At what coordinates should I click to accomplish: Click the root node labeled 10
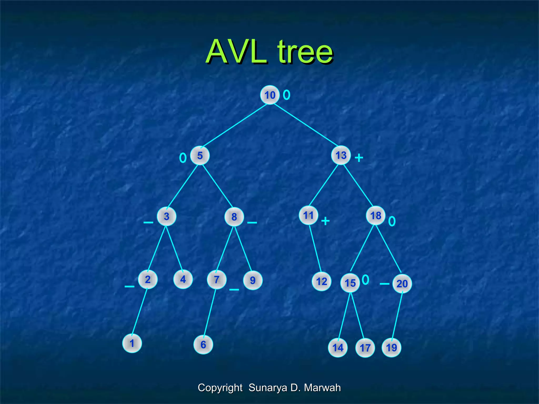[x=270, y=95]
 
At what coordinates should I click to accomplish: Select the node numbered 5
[x=200, y=155]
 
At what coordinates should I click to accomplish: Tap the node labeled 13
[x=341, y=155]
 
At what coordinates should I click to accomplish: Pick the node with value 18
[x=376, y=215]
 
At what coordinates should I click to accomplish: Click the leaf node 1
[x=132, y=343]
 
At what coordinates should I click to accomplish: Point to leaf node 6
[x=203, y=344]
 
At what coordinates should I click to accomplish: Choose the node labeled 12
[x=321, y=281]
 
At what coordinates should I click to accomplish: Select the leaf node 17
[x=365, y=348]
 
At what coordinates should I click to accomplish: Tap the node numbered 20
[x=402, y=284]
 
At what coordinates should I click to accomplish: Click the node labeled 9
[x=253, y=280]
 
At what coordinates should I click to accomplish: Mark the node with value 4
[x=183, y=279]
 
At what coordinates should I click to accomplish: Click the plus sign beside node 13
[x=359, y=158]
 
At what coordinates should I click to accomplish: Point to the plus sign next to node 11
[x=325, y=221]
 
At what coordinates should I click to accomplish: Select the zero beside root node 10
[x=287, y=95]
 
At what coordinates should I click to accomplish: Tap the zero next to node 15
[x=366, y=280]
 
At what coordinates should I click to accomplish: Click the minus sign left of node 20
[x=384, y=284]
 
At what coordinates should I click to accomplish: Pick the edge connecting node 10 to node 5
[x=235, y=125]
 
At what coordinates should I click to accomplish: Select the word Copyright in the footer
[x=220, y=387]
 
